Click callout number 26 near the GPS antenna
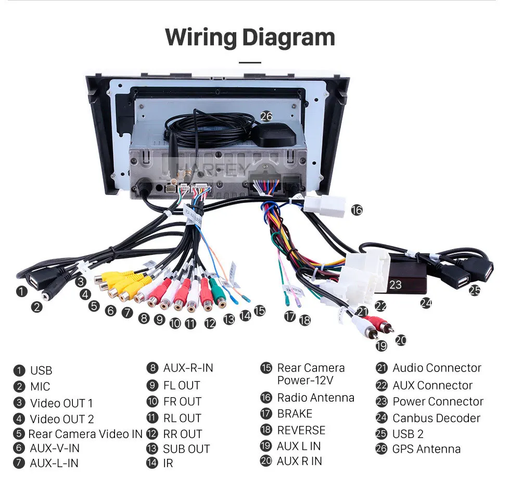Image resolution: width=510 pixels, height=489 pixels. [x=266, y=117]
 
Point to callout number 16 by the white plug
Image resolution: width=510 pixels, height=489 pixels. [x=357, y=210]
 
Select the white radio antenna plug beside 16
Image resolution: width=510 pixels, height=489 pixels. [x=325, y=207]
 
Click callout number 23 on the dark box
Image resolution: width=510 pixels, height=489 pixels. [x=395, y=285]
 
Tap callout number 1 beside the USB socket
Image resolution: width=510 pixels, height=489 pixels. [x=22, y=291]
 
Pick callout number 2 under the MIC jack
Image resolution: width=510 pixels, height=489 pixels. [x=37, y=307]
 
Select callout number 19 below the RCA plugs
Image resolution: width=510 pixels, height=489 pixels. [x=381, y=346]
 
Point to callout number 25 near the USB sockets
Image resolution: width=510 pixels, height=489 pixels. [x=475, y=290]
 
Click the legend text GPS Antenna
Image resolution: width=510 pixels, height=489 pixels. [x=426, y=449]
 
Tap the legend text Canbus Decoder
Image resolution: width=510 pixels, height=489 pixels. [x=436, y=418]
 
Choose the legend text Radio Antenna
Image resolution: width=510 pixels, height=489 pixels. [x=315, y=397]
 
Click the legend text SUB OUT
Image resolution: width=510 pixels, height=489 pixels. [x=186, y=449]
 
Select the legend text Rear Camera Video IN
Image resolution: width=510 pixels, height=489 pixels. [x=85, y=434]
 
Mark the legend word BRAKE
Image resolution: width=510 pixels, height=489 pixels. [x=295, y=414]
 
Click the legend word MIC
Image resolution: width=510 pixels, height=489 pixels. [x=40, y=387]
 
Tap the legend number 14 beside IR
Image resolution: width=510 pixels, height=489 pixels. [x=152, y=463]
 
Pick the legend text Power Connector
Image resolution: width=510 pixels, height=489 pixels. [x=438, y=402]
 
